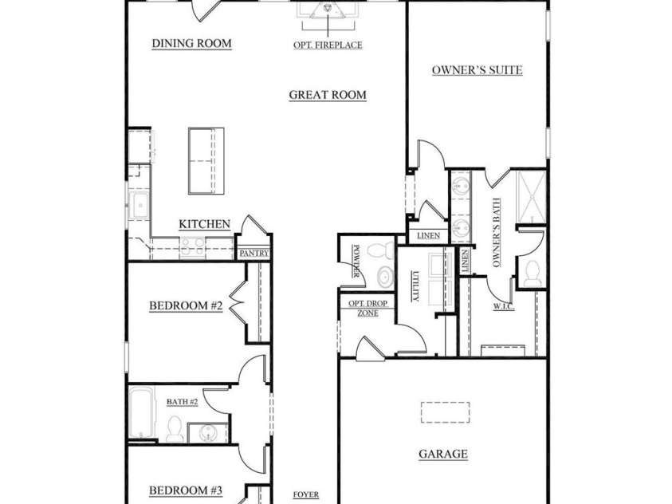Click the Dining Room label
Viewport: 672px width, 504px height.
point(191,43)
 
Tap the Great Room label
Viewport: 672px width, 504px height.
point(327,95)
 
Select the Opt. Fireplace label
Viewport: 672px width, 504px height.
point(327,45)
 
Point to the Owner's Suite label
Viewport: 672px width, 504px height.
point(477,70)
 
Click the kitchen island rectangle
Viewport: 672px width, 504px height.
point(206,159)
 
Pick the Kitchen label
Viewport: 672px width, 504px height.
point(204,225)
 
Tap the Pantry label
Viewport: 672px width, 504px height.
point(253,254)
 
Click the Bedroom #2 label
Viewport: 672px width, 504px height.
point(186,305)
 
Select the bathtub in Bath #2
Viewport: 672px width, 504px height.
point(143,412)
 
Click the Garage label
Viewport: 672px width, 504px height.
point(443,455)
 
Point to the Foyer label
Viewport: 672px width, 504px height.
point(306,495)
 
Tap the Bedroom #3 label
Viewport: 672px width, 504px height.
point(186,490)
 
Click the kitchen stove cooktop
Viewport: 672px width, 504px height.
point(193,247)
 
